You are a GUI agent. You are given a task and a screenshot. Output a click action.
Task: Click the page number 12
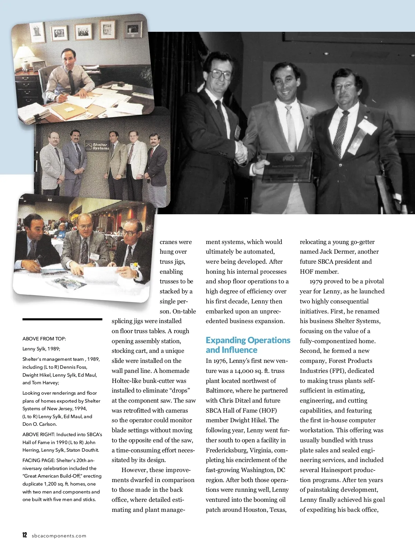(x=25, y=535)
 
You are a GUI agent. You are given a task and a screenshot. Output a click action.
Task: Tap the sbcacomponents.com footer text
(x=59, y=536)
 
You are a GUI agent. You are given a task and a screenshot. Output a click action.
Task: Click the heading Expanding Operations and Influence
(x=248, y=345)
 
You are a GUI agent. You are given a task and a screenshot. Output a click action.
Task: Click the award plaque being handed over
(x=287, y=167)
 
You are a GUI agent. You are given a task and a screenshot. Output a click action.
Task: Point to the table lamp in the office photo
(x=25, y=57)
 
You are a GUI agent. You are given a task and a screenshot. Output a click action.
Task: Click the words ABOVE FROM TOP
(x=44, y=339)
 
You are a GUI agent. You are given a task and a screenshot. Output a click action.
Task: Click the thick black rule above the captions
(x=62, y=319)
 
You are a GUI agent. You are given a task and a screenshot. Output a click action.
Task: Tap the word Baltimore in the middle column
(x=220, y=391)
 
